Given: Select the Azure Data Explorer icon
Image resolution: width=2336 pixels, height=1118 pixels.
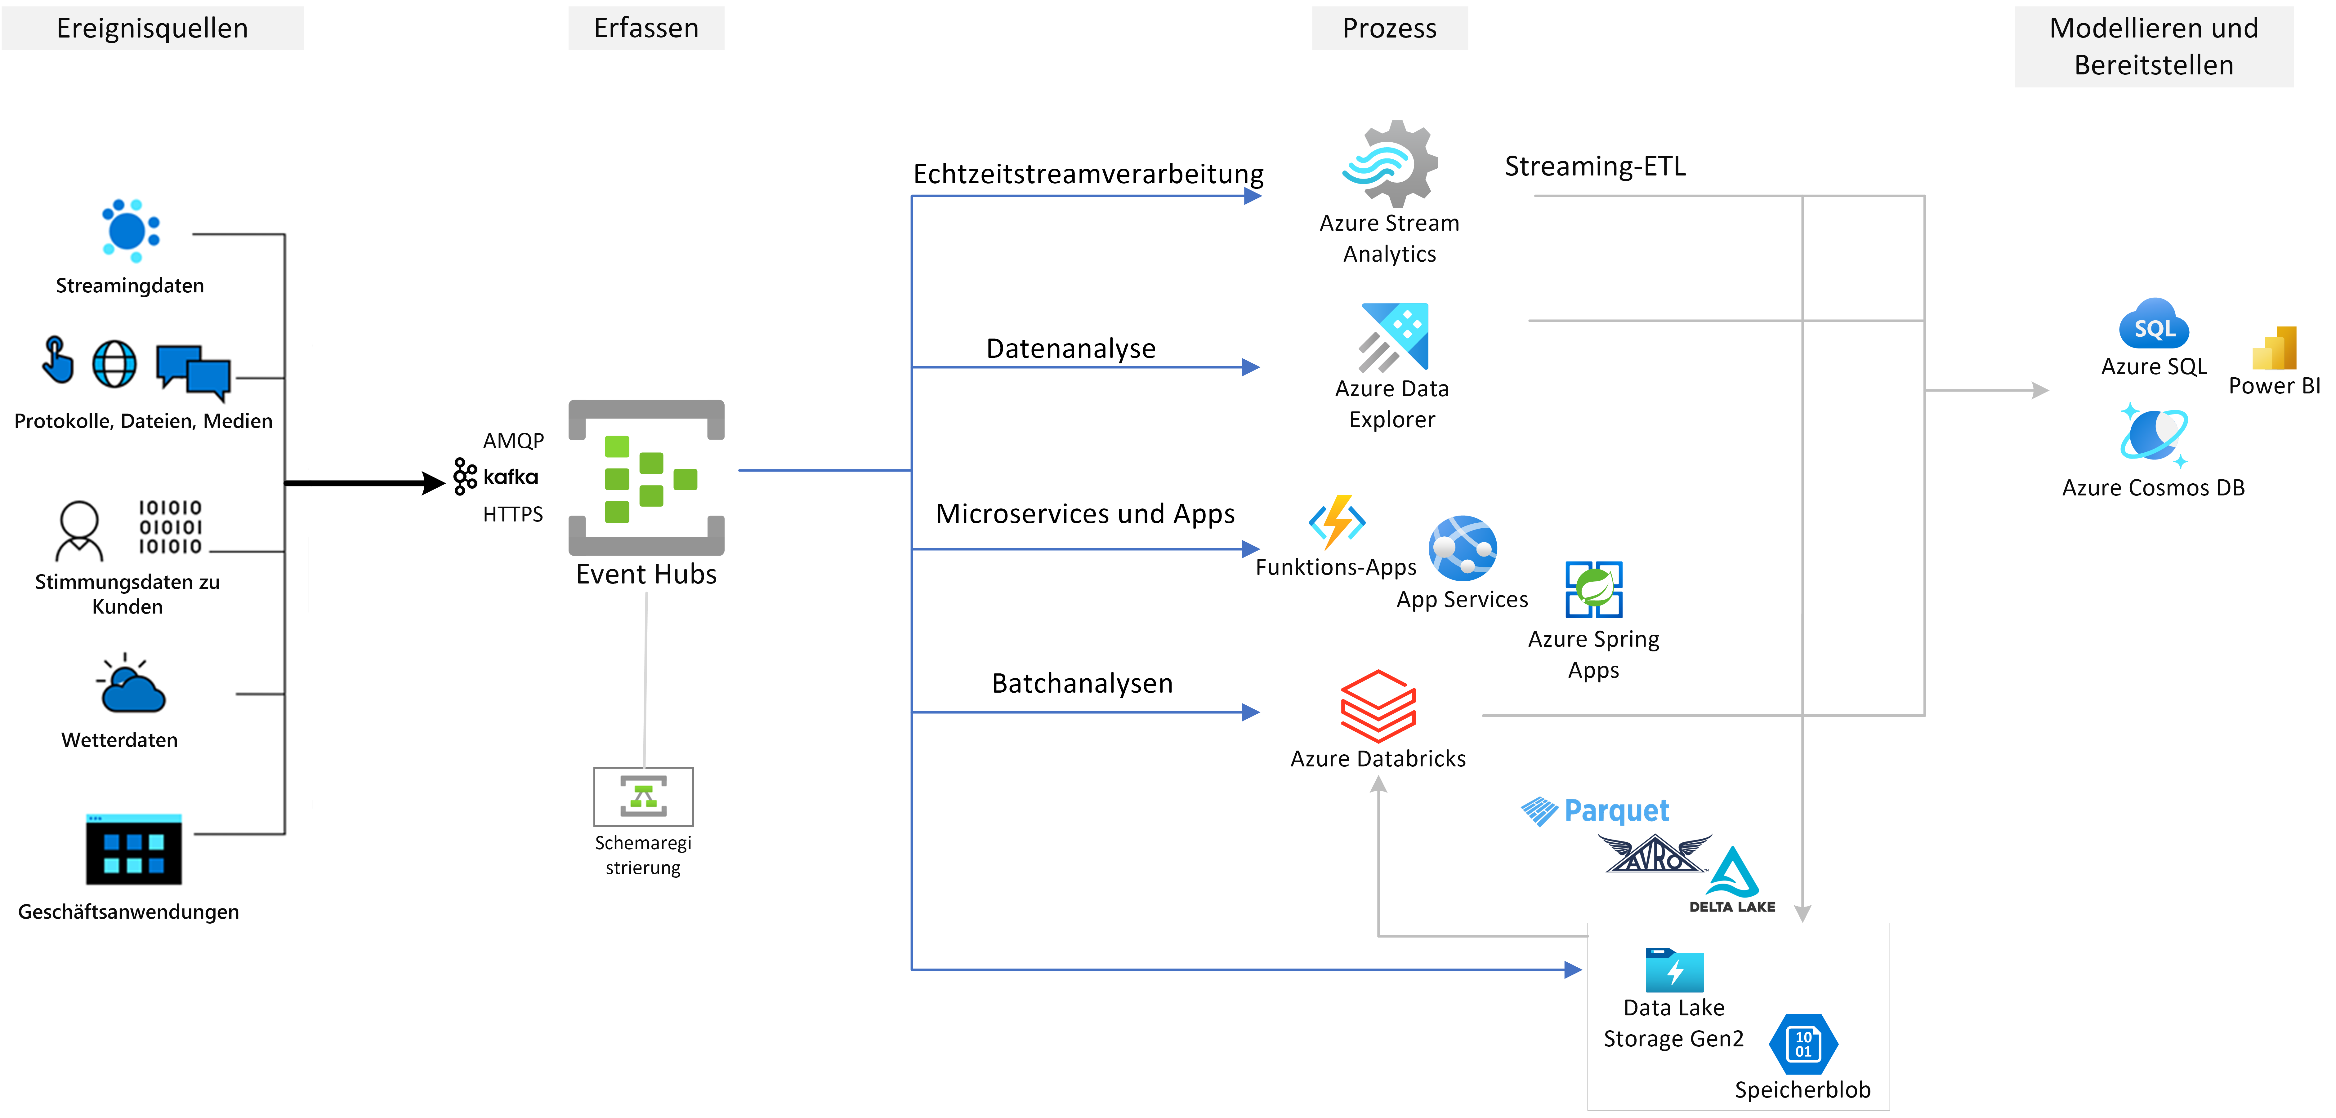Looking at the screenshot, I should click(x=1394, y=337).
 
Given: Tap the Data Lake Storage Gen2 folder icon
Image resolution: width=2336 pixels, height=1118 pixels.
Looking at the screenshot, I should click(x=1674, y=970).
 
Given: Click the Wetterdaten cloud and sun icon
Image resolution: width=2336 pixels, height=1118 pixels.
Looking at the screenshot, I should click(x=132, y=685).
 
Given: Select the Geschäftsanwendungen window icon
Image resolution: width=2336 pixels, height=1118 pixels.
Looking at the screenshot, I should click(x=133, y=850).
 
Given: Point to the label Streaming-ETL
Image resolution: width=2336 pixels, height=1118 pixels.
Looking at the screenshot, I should click(x=1595, y=166).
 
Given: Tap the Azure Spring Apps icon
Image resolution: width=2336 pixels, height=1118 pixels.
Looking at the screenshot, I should click(x=1593, y=589).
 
